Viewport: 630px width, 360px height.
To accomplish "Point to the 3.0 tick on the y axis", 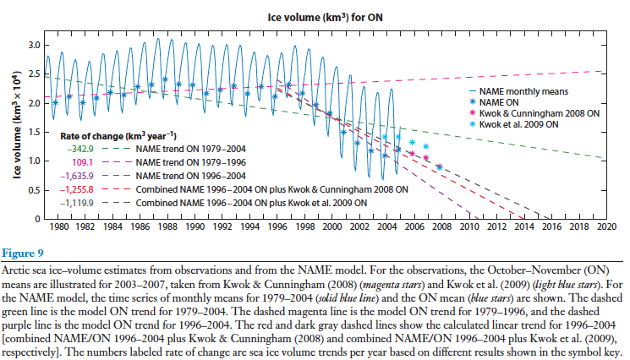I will [x=37, y=44].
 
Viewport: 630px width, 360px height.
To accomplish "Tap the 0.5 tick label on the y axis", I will [x=37, y=190].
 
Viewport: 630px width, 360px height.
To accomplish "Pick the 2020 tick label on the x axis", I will [x=605, y=228].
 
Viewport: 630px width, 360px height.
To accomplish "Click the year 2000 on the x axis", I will [x=331, y=228].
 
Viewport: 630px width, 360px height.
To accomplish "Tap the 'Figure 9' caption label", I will [x=24, y=251].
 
